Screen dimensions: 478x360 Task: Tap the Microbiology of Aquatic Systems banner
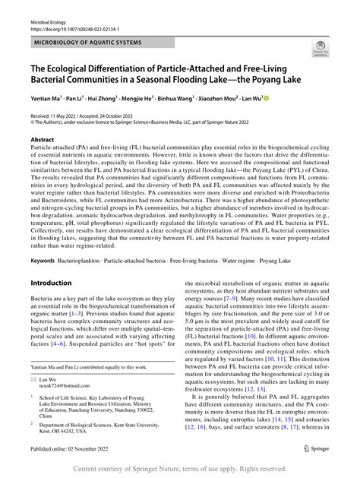(x=87, y=43)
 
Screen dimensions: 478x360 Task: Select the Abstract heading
(x=42, y=140)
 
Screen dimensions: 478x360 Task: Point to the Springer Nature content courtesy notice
(x=179, y=470)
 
